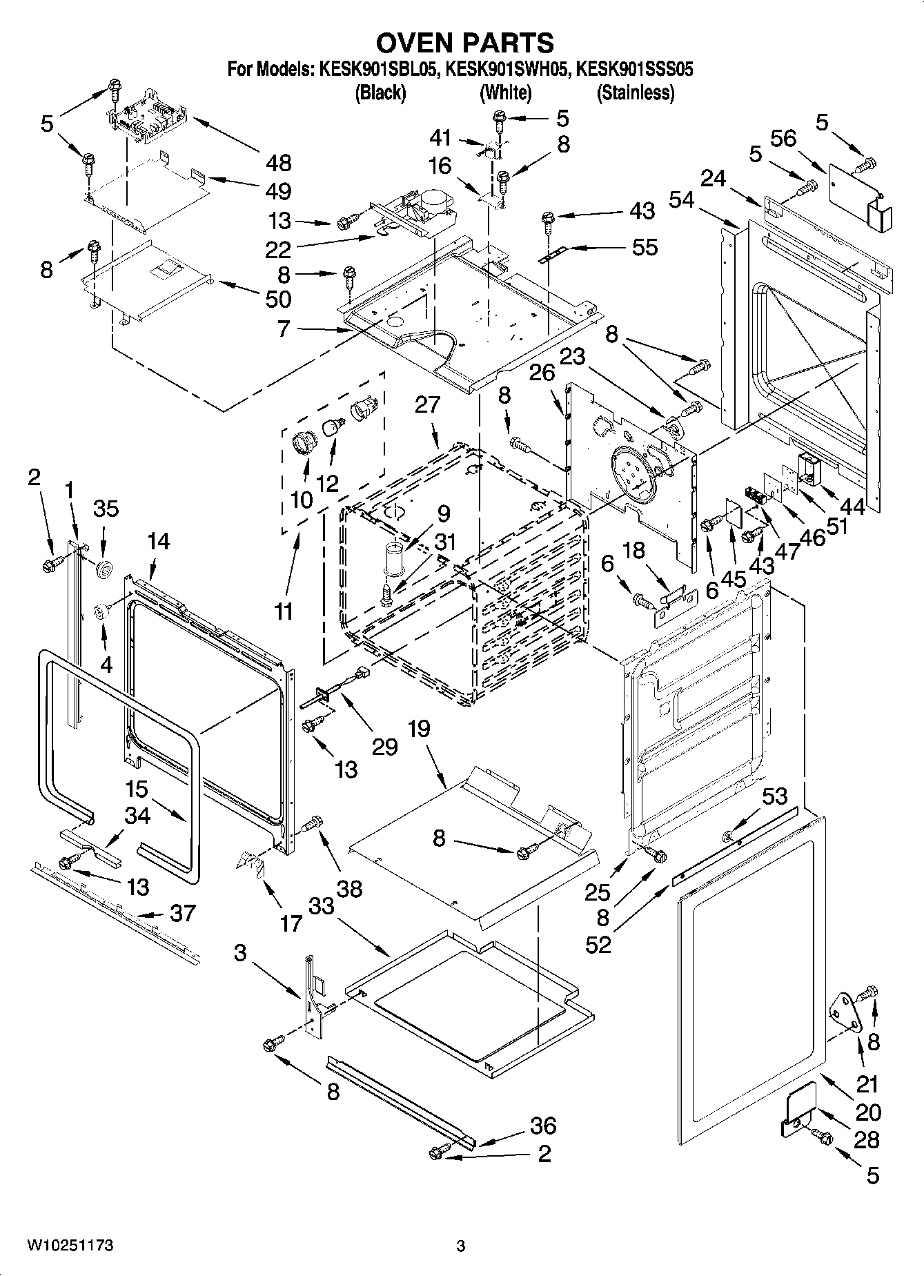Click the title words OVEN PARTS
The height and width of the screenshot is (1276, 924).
pyautogui.click(x=464, y=43)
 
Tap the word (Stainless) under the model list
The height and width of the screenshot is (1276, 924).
pyautogui.click(x=635, y=92)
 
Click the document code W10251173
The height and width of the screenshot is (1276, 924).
pyautogui.click(x=70, y=1246)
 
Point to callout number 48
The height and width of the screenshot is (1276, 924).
pyautogui.click(x=278, y=164)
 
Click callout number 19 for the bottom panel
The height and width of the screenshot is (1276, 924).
pyautogui.click(x=418, y=729)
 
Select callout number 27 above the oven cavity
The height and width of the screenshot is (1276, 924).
pyautogui.click(x=427, y=404)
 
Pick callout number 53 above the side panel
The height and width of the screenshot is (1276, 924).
pyautogui.click(x=774, y=797)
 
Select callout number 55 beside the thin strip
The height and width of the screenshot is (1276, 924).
pyautogui.click(x=645, y=248)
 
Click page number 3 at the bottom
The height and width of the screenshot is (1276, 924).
pyautogui.click(x=461, y=1246)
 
